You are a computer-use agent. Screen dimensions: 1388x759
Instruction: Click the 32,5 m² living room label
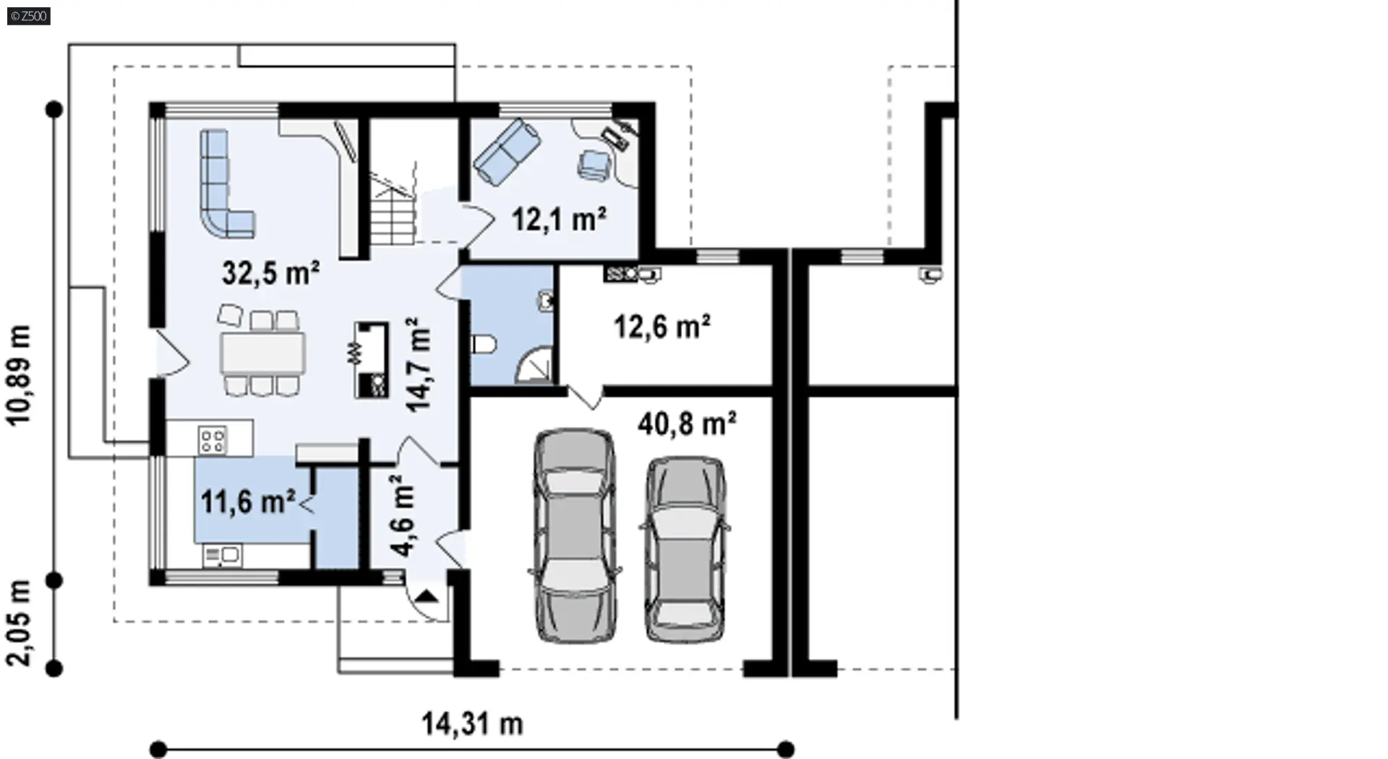coord(270,273)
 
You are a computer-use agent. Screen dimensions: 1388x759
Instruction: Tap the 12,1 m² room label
coord(559,218)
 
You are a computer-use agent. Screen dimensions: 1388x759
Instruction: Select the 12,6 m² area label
coord(661,327)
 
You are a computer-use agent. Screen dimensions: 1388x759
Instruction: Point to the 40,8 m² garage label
coord(687,424)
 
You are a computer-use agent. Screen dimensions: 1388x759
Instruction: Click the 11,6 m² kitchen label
coord(247,502)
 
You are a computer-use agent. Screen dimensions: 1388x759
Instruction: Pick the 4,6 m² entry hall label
coord(403,515)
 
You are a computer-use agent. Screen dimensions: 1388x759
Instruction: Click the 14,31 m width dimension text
coord(472,723)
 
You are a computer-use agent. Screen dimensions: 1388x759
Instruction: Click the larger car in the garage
coord(575,535)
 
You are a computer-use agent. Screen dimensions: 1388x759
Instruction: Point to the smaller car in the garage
coord(685,549)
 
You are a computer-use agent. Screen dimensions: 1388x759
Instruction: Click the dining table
coord(263,353)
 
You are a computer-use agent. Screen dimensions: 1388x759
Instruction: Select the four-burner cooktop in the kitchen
coord(213,439)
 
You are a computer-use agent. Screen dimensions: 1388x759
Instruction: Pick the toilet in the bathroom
coord(483,344)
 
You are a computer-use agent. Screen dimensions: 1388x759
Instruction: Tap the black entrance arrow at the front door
coord(427,597)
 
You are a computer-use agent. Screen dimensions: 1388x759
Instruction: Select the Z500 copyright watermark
coord(29,15)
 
